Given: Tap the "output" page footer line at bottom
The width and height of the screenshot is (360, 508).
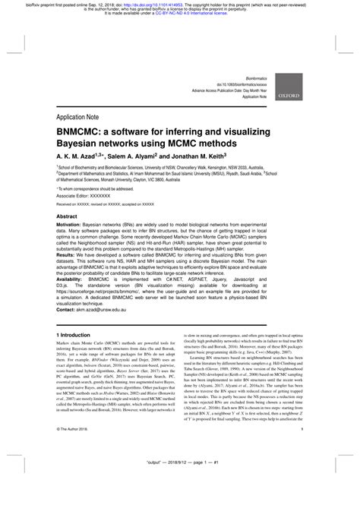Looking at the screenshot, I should pos(179,484).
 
